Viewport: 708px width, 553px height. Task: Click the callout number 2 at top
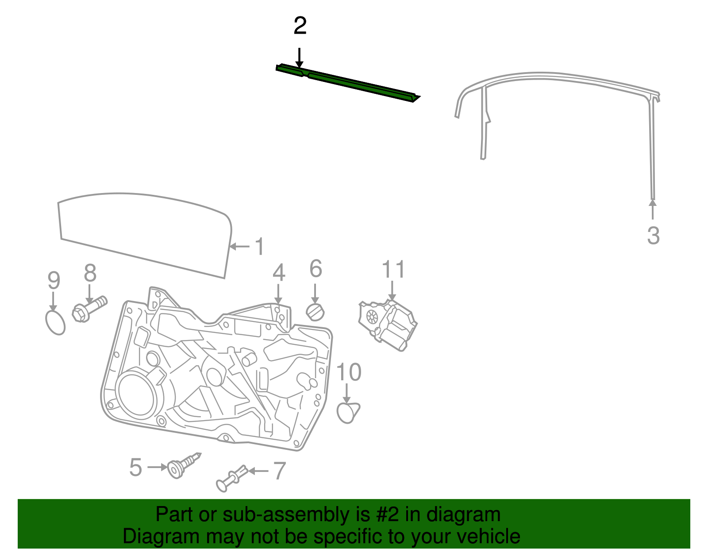pos(300,26)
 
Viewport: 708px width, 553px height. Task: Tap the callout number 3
pos(653,236)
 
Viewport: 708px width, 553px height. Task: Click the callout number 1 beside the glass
pos(259,247)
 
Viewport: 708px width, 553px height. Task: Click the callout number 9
pos(54,281)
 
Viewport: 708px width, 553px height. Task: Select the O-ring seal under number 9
pos(55,323)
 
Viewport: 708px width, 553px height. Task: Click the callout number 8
pos(90,273)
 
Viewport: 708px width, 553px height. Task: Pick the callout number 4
pos(278,273)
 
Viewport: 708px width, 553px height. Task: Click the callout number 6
pos(316,269)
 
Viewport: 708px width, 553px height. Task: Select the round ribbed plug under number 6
pos(315,313)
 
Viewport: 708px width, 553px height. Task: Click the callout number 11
pos(393,270)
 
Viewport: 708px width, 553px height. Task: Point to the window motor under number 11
pos(388,325)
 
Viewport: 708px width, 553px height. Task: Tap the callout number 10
pos(349,372)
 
